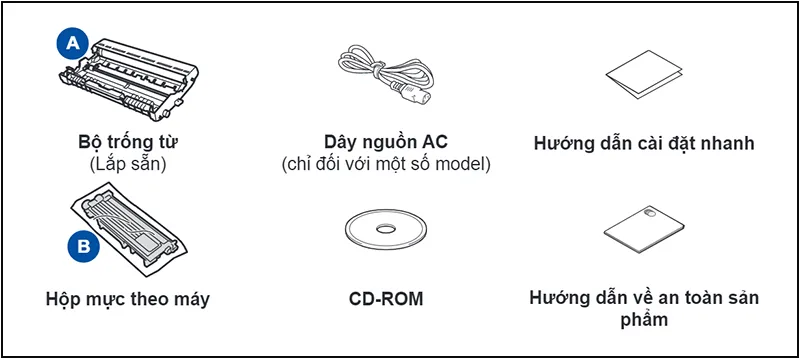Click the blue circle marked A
pos(72,43)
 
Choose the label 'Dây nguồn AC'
pos(386,141)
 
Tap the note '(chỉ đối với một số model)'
pos(386,163)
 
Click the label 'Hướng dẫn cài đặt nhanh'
pos(643,143)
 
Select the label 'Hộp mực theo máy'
pos(128,298)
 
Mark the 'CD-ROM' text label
pos(385,298)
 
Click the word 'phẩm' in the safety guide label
pos(643,320)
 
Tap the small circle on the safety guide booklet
pos(650,212)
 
